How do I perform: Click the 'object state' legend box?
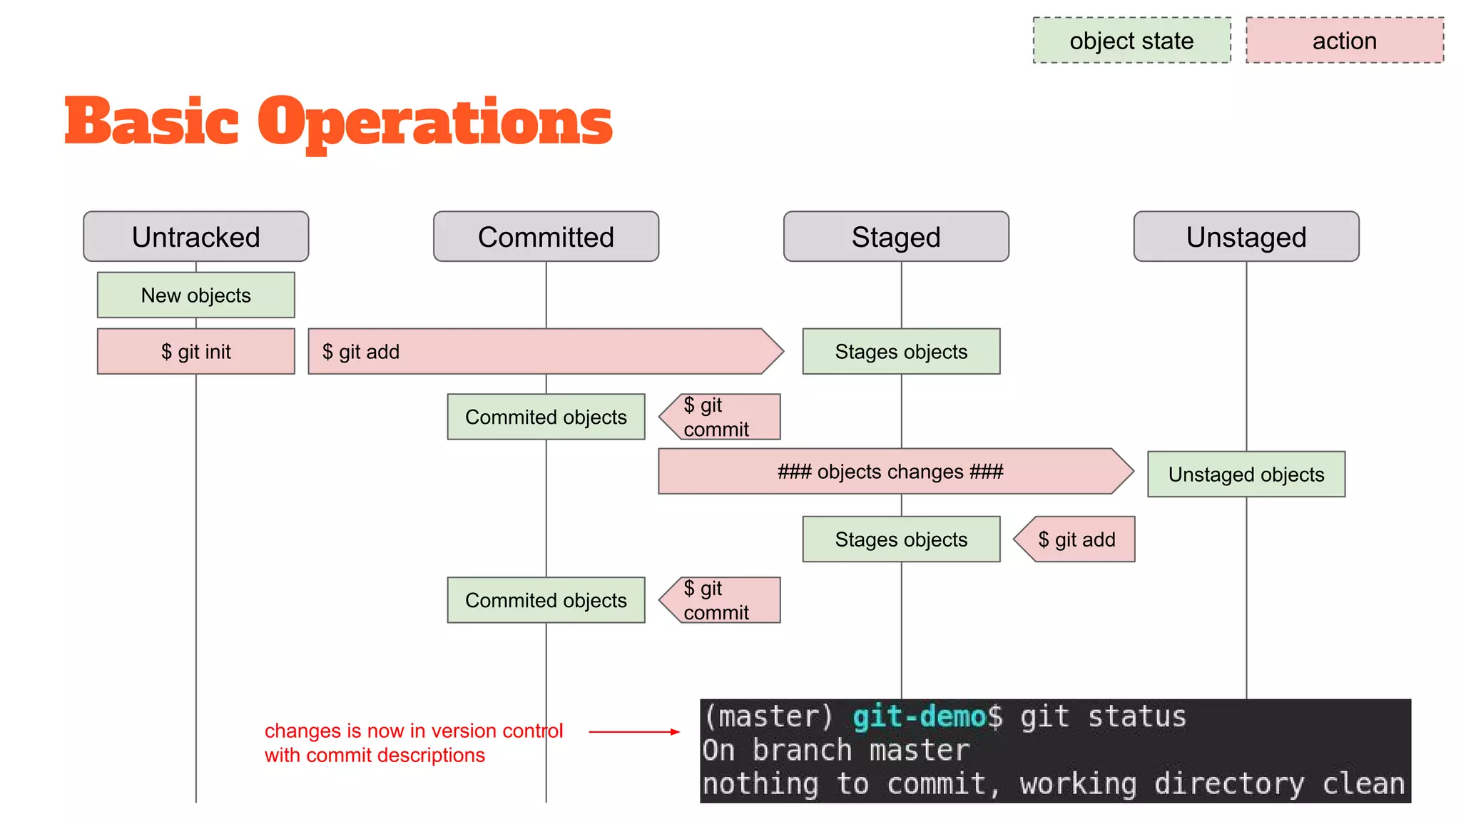pyautogui.click(x=1131, y=41)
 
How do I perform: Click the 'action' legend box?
pyautogui.click(x=1344, y=41)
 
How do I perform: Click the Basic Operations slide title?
pyautogui.click(x=338, y=121)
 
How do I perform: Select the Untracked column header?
pyautogui.click(x=195, y=237)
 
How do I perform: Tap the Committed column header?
pyautogui.click(x=546, y=237)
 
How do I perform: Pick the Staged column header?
pyautogui.click(x=896, y=237)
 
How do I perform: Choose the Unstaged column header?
pyautogui.click(x=1246, y=237)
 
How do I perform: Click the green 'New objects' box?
pyautogui.click(x=195, y=295)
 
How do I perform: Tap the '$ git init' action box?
pyautogui.click(x=195, y=351)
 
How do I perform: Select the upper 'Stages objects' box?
pyautogui.click(x=901, y=351)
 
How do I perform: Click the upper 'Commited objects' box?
pyautogui.click(x=546, y=417)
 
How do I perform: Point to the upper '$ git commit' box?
pyautogui.click(x=721, y=417)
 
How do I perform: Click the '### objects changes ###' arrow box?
pyautogui.click(x=890, y=471)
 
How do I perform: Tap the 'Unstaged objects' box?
pyautogui.click(x=1246, y=474)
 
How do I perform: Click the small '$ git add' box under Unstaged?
pyautogui.click(x=1076, y=539)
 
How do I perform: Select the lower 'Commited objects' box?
pyautogui.click(x=546, y=600)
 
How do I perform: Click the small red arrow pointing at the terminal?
pyautogui.click(x=633, y=731)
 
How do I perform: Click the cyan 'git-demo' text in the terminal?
pyautogui.click(x=919, y=716)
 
